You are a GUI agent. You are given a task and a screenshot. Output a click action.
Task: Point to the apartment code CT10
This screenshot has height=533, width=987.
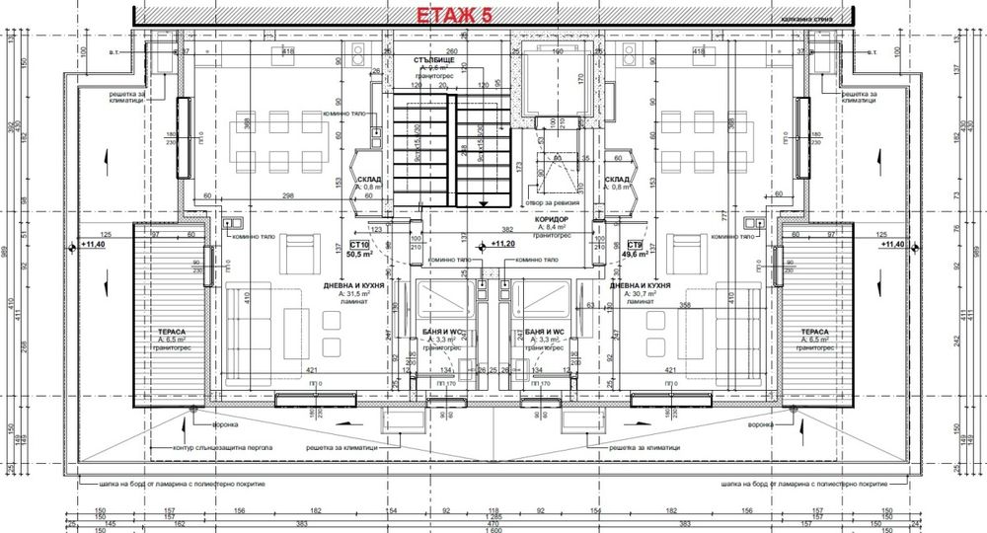tap(358, 244)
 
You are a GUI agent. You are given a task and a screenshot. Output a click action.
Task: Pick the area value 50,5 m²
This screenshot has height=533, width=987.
tap(358, 254)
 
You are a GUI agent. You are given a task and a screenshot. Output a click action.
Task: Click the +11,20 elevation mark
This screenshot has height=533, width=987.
tap(502, 242)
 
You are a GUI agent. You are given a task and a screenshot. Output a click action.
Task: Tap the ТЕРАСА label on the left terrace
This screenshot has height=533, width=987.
tap(160, 332)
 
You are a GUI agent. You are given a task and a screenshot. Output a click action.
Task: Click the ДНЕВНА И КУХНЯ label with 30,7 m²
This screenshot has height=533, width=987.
tap(641, 285)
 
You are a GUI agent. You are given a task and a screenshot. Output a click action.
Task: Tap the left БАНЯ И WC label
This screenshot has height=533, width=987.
tap(438, 332)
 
